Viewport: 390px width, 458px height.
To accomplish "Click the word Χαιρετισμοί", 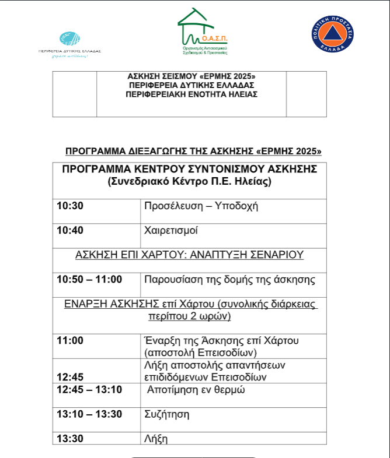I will tap(170, 230).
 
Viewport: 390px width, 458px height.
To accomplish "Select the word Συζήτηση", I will tap(166, 414).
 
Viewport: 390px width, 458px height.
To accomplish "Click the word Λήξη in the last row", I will tap(155, 438).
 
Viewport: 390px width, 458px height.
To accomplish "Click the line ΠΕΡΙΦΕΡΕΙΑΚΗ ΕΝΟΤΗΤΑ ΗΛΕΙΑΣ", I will tap(192, 94).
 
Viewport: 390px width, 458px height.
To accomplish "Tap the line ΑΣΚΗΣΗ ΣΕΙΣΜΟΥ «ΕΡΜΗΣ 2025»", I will tap(192, 77).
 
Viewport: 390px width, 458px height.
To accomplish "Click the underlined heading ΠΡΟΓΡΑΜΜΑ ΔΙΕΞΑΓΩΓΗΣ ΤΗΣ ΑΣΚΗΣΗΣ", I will tap(193, 152).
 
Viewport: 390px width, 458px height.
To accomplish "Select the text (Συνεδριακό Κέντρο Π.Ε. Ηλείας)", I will tap(190, 181).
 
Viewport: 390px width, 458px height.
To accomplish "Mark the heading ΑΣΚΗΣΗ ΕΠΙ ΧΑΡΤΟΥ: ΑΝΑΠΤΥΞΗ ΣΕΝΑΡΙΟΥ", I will tap(190, 255).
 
